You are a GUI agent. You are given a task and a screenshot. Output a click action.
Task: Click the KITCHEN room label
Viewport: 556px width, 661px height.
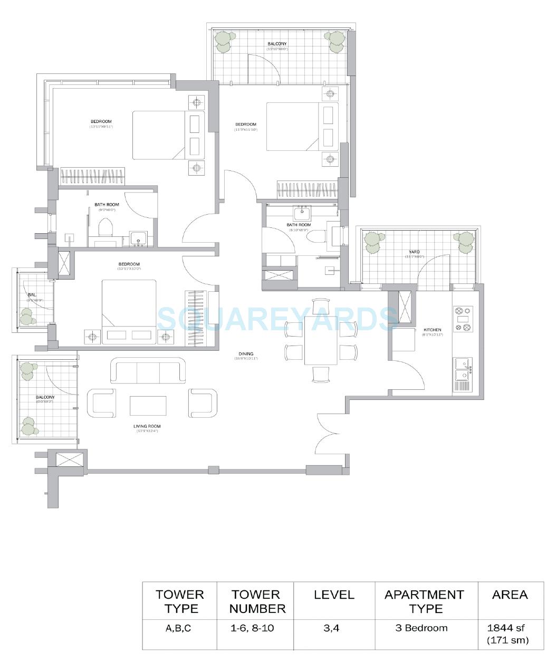pos(432,330)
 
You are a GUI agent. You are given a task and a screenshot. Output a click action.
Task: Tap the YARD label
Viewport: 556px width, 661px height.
pos(414,252)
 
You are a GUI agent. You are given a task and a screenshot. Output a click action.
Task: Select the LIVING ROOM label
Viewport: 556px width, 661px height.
pos(147,426)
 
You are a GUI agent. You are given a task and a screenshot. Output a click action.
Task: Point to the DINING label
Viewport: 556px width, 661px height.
pos(246,354)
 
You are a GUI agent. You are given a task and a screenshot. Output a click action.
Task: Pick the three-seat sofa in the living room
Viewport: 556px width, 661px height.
pos(148,371)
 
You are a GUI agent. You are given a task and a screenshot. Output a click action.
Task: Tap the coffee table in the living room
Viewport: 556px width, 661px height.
pos(148,406)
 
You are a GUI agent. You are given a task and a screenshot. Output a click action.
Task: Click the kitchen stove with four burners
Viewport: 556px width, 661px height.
pos(463,320)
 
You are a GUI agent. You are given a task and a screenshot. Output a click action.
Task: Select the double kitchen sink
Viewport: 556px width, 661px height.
pos(462,369)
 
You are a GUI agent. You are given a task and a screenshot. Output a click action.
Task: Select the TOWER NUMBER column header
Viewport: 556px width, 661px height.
pos(258,601)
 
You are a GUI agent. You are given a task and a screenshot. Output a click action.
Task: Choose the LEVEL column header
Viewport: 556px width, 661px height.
pos(334,595)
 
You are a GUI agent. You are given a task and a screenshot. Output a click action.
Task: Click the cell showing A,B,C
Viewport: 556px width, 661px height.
pos(180,628)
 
